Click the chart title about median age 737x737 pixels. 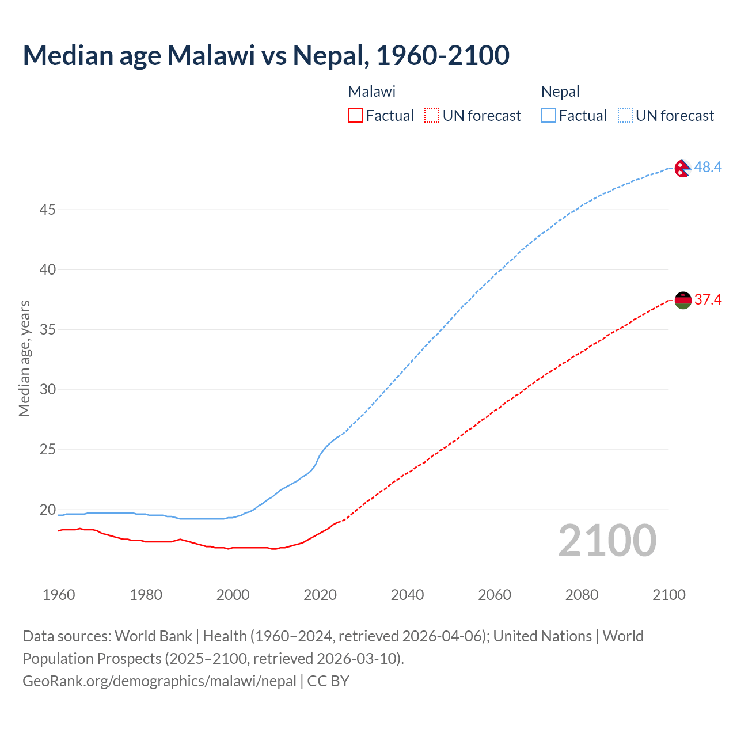pos(266,55)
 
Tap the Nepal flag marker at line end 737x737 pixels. pos(683,168)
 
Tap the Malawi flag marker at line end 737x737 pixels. pos(683,301)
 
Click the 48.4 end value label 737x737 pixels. pos(708,167)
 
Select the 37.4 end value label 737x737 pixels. pos(708,299)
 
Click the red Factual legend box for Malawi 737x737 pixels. pos(355,115)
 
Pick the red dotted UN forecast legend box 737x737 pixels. pos(432,115)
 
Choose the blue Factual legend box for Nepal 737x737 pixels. pos(549,115)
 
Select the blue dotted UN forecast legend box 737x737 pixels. pos(625,115)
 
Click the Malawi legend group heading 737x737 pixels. pos(372,92)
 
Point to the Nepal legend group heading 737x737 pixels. pos(560,92)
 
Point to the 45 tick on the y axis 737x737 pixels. pos(47,210)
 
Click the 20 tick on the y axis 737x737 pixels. pos(47,510)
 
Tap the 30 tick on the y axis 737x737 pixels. pos(47,390)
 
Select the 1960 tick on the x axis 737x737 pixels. pos(59,595)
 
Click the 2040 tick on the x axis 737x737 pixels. pos(407,595)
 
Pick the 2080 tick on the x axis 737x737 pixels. pos(582,595)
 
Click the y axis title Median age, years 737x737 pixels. pos(24,358)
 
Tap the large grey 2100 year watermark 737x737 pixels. pos(607,540)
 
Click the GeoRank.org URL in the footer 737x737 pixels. pos(159,681)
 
